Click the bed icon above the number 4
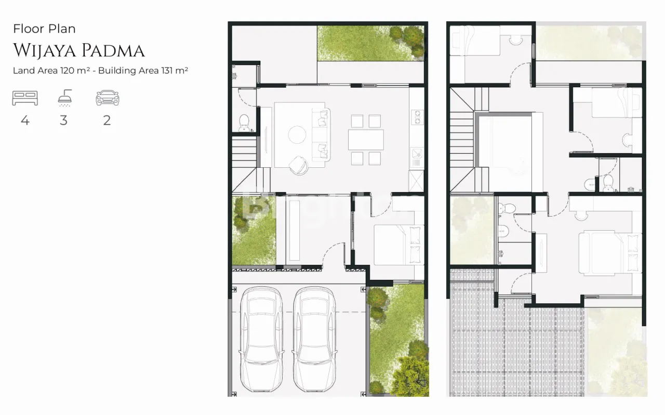pyautogui.click(x=25, y=98)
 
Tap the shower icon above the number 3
pyautogui.click(x=65, y=98)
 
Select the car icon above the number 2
pyautogui.click(x=108, y=98)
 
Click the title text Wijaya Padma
pyautogui.click(x=79, y=50)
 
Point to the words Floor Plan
pyautogui.click(x=44, y=29)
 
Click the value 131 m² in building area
pyautogui.click(x=175, y=70)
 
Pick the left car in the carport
pyautogui.click(x=261, y=339)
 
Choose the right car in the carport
pyautogui.click(x=314, y=339)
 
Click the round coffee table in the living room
pyautogui.click(x=297, y=135)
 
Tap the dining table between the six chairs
pyautogui.click(x=366, y=140)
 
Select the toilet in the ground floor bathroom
pyautogui.click(x=244, y=123)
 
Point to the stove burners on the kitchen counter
pyautogui.click(x=417, y=117)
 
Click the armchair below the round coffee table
pyautogui.click(x=299, y=165)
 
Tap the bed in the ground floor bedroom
pyautogui.click(x=398, y=245)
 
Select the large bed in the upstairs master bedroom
pyautogui.click(x=609, y=253)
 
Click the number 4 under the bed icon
pyautogui.click(x=25, y=120)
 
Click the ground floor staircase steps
pyautogui.click(x=244, y=152)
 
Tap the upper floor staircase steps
pyautogui.click(x=462, y=139)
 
